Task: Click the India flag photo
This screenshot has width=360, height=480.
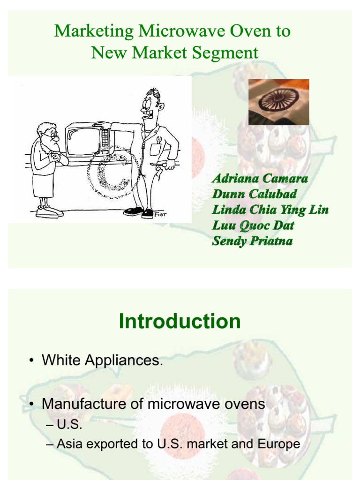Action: (x=278, y=102)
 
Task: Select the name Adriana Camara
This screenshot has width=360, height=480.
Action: (x=260, y=179)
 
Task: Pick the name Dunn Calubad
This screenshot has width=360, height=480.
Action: (x=255, y=194)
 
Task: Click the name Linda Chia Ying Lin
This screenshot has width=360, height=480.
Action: (x=270, y=210)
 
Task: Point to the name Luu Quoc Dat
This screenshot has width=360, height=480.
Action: (x=253, y=225)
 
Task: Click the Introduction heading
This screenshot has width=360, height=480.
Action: (x=180, y=322)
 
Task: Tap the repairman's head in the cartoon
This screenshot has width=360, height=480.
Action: (x=151, y=104)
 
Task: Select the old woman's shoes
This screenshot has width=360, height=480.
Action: (x=50, y=211)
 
